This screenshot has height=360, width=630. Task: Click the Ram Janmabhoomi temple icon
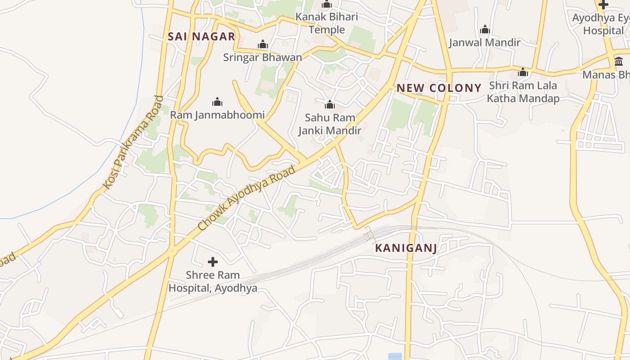217,102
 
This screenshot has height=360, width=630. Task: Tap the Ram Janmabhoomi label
217,115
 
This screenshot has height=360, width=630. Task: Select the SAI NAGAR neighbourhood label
202,37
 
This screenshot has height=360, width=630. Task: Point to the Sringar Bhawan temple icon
263,44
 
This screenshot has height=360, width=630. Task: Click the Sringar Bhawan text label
263,58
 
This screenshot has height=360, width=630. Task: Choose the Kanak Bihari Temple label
327,23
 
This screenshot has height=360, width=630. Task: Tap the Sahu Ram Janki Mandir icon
330,105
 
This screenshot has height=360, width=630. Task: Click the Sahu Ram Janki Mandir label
330,124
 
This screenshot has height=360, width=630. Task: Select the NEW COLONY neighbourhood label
439,88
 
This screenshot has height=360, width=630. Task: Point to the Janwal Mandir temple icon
485,30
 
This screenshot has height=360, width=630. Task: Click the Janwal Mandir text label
485,43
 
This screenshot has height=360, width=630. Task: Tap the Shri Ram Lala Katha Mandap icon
523,72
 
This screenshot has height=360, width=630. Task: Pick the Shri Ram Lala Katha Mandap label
523,92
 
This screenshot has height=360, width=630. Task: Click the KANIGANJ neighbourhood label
406,248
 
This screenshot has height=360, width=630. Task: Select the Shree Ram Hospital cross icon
213,261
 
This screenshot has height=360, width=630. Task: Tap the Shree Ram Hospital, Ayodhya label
213,281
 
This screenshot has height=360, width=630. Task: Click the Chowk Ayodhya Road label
247,198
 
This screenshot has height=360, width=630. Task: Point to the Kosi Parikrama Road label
133,142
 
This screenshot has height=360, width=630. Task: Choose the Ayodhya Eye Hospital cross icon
603,5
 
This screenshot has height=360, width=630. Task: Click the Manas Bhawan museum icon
619,61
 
